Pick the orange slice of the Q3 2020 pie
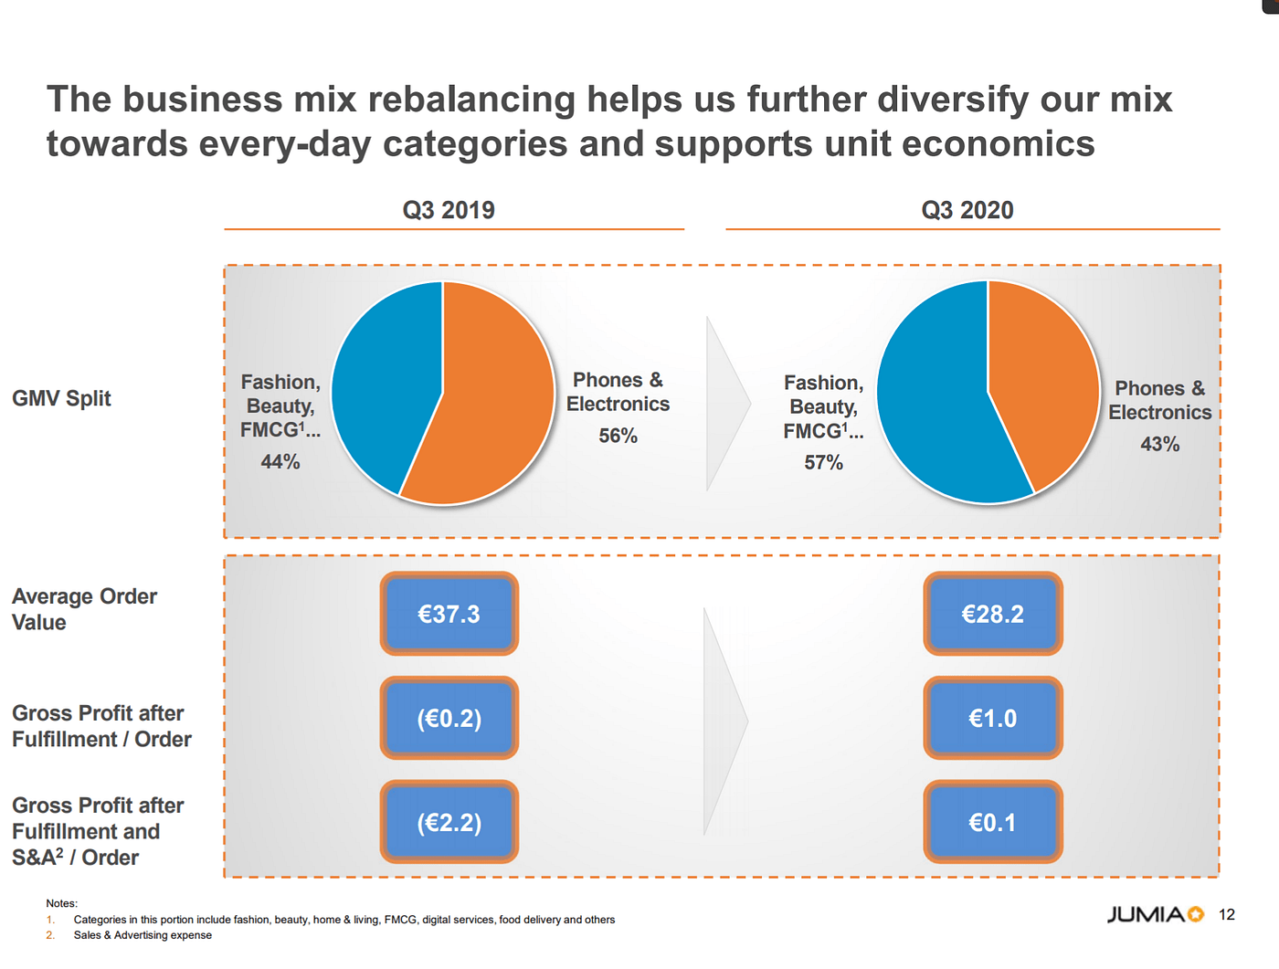[1041, 374]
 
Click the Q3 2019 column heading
[449, 210]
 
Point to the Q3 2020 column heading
[967, 210]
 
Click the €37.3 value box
[449, 614]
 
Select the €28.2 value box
[992, 614]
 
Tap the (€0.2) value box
[449, 718]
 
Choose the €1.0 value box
[992, 718]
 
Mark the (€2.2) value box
[449, 822]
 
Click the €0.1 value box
[992, 822]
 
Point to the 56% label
[618, 436]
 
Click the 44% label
[280, 461]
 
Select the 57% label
[823, 462]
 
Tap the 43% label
[1159, 444]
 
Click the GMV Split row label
[61, 398]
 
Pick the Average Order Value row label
[84, 609]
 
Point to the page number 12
[1227, 914]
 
